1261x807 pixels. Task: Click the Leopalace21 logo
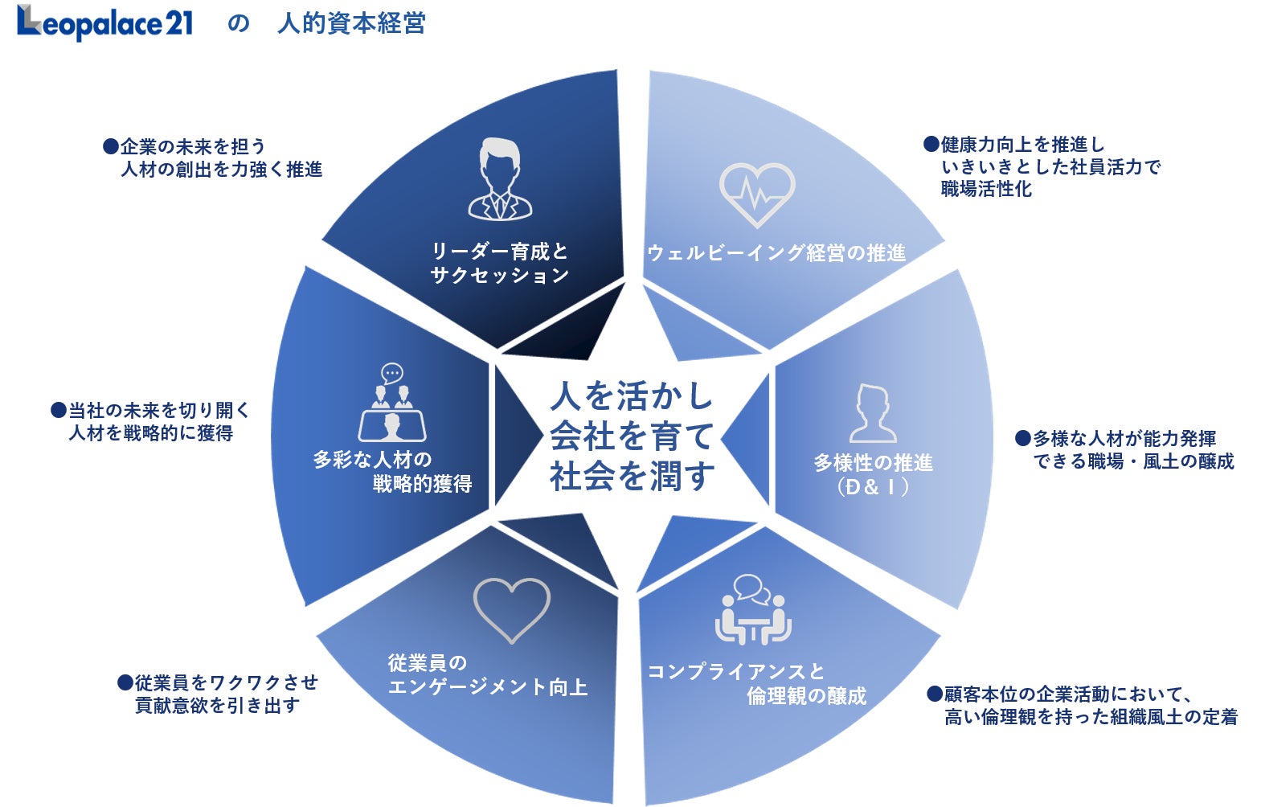point(105,23)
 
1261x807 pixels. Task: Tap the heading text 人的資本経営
point(351,23)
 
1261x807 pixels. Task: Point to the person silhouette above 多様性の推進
point(872,413)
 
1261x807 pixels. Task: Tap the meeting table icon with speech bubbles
point(753,610)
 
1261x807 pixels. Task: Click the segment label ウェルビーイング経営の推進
point(776,253)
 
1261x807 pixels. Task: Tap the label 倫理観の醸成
point(807,696)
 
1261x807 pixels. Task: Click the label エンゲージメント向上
point(488,687)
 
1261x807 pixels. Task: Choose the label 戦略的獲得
point(422,484)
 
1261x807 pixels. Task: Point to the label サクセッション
point(500,276)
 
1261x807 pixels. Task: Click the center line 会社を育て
point(632,436)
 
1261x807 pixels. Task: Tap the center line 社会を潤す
point(632,477)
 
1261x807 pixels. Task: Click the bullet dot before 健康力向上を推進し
point(931,145)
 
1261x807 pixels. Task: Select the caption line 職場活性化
point(986,190)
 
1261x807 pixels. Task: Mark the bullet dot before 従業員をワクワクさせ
point(125,682)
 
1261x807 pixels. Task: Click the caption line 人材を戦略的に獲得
point(151,433)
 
